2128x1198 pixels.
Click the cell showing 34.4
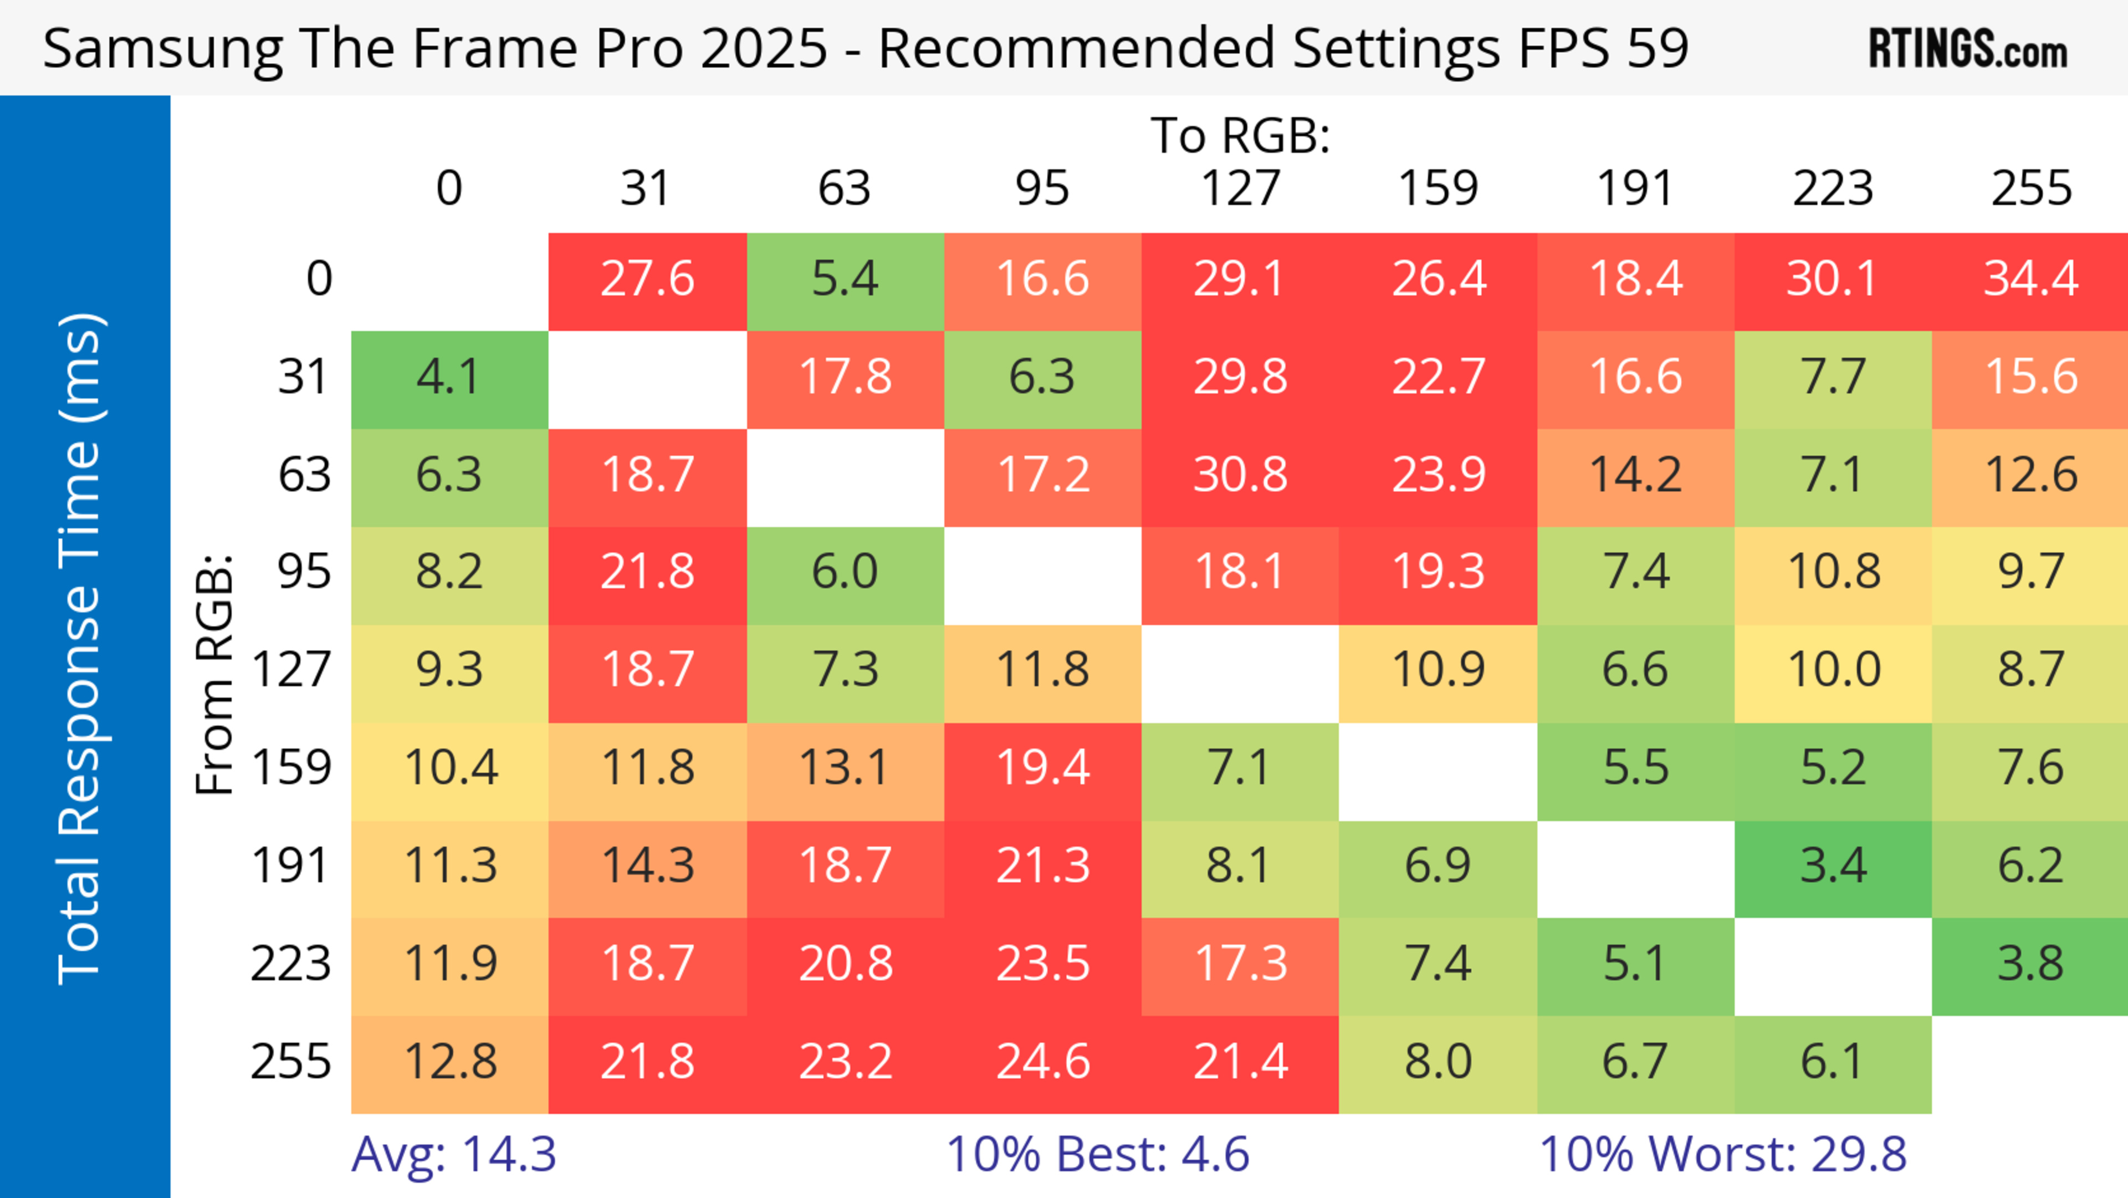(x=2030, y=279)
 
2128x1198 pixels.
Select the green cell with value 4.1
(x=449, y=378)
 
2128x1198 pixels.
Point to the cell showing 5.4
(x=845, y=279)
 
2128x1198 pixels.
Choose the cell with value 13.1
(x=845, y=768)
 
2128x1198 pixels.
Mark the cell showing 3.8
(x=2030, y=964)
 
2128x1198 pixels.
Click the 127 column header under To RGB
(x=1240, y=188)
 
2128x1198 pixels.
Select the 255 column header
(x=2030, y=188)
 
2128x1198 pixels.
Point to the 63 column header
(x=844, y=188)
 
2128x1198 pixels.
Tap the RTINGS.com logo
(x=1968, y=49)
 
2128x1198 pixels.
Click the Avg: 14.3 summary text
(x=453, y=1154)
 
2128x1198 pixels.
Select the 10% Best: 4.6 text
(x=1097, y=1154)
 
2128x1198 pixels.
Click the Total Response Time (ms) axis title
(x=81, y=649)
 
